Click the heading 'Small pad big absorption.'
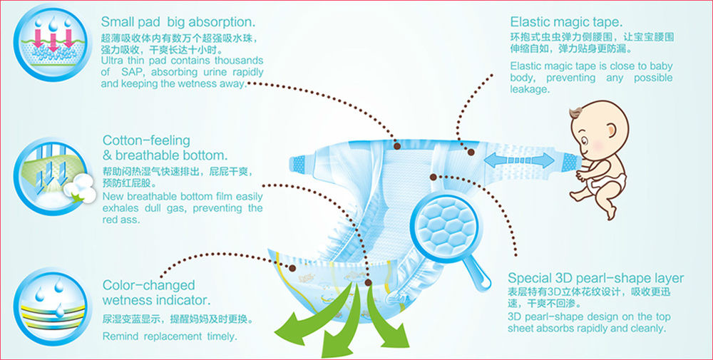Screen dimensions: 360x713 click(179, 21)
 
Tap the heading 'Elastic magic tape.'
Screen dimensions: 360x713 click(566, 21)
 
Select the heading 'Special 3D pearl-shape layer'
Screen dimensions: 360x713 click(595, 278)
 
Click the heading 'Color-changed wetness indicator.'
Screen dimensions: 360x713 click(156, 293)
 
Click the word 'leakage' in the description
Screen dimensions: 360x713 click(528, 90)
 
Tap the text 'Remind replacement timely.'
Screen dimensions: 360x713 click(170, 336)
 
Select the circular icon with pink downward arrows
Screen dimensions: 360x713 click(47, 45)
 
